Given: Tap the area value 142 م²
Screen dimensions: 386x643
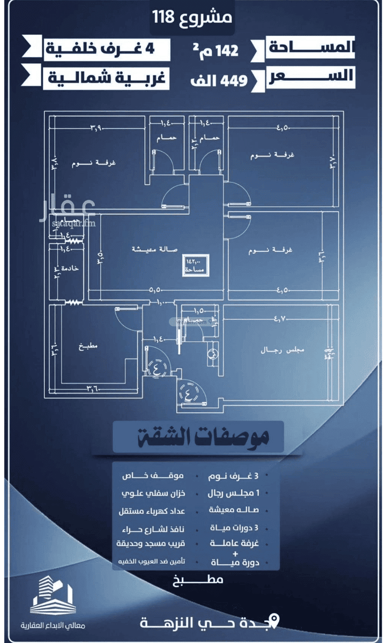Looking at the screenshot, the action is (216, 51).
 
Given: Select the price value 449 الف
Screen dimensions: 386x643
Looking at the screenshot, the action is (219, 80).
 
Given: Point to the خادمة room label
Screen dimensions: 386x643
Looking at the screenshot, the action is (70, 268).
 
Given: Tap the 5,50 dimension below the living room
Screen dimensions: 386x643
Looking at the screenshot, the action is (155, 290).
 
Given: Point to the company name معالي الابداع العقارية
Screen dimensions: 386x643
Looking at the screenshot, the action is (53, 625).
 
